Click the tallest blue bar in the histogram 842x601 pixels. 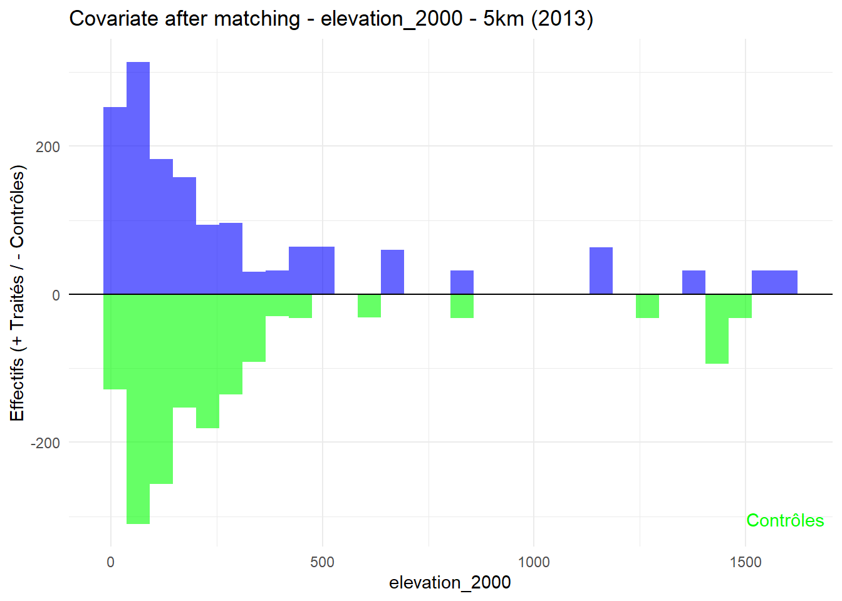[x=138, y=178]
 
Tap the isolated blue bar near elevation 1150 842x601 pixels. [x=601, y=271]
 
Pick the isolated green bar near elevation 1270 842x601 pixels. [x=647, y=306]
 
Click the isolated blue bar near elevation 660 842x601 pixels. [x=392, y=272]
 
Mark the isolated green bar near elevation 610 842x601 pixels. [x=369, y=306]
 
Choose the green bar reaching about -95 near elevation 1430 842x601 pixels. [x=717, y=329]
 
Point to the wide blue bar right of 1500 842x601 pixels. [x=774, y=282]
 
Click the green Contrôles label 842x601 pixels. [x=785, y=521]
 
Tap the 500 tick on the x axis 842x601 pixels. [x=322, y=562]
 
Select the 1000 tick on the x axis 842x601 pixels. [x=534, y=562]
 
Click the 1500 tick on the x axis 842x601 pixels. [x=746, y=562]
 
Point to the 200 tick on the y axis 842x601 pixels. [x=48, y=147]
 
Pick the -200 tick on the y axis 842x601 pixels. [x=46, y=443]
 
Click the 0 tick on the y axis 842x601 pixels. [x=56, y=295]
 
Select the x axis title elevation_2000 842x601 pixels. [x=450, y=583]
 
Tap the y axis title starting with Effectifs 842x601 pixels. [x=17, y=293]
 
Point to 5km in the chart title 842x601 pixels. [x=504, y=19]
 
